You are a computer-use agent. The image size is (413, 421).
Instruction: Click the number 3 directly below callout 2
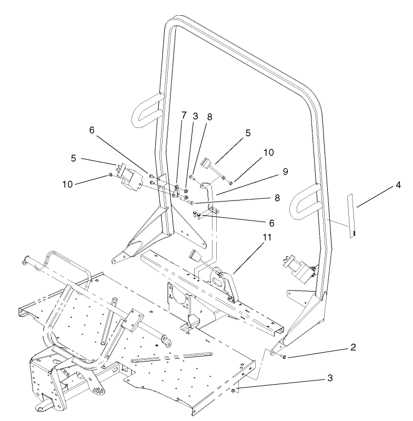point(329,378)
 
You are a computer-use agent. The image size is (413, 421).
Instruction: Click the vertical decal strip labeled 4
point(351,216)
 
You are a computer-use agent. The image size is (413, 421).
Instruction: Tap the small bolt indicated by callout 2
point(285,357)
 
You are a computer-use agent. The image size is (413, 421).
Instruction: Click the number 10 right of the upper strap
point(269,153)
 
